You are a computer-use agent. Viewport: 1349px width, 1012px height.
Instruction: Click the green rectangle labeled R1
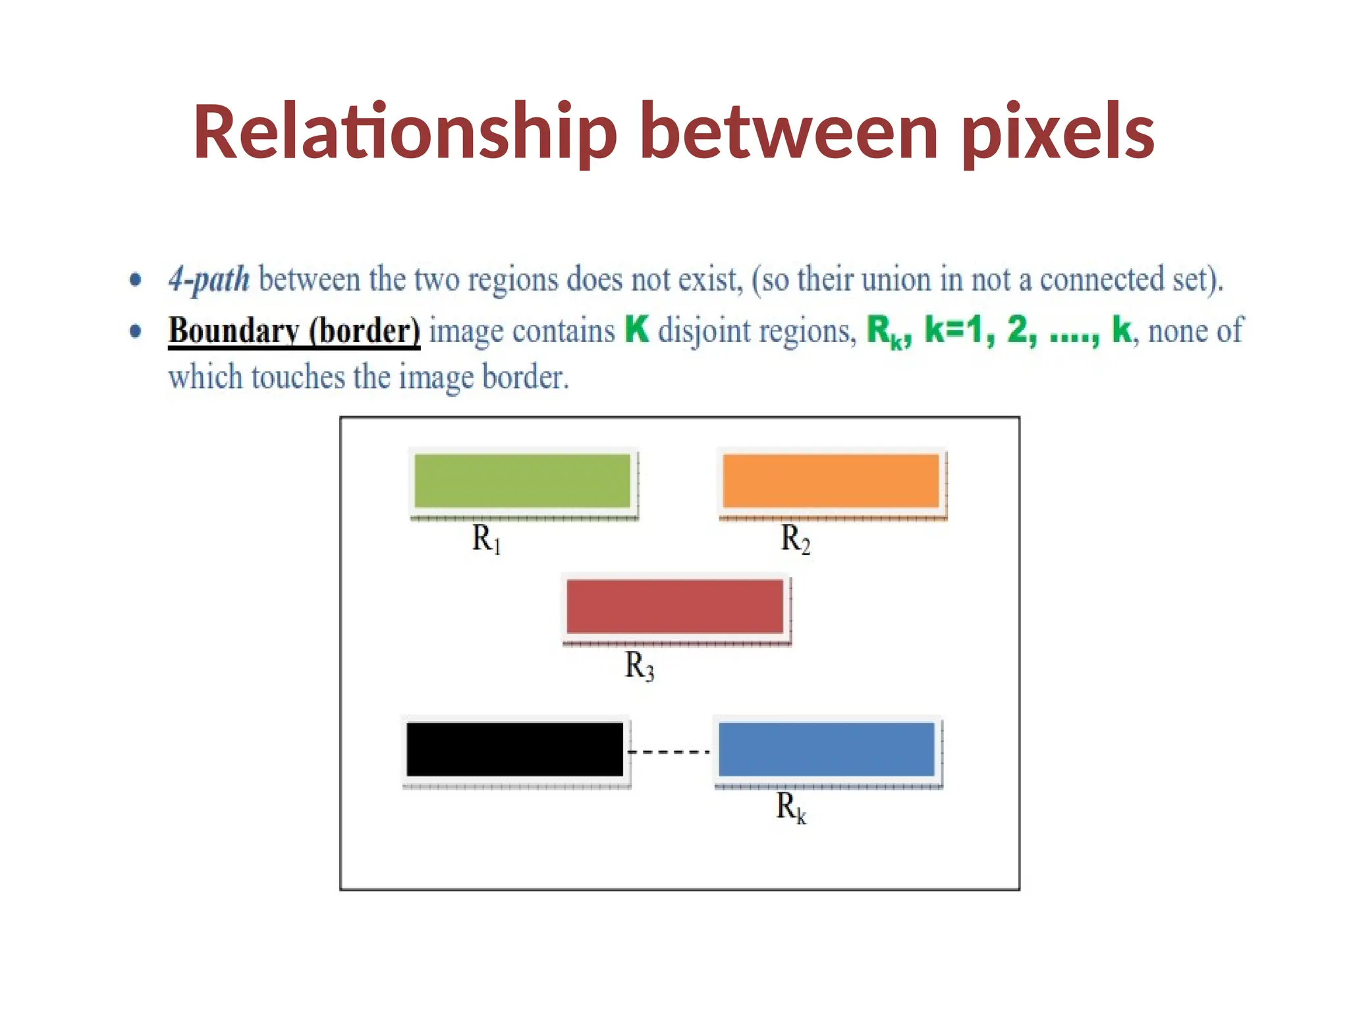[522, 480]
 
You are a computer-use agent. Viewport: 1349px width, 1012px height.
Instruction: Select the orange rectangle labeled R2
[831, 480]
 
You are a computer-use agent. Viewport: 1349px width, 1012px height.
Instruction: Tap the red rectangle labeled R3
[674, 606]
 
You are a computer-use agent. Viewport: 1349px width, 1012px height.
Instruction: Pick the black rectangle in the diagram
[514, 749]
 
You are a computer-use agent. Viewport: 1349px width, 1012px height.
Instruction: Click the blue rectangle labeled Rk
[826, 749]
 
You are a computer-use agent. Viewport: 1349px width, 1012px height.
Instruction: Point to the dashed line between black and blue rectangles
[669, 751]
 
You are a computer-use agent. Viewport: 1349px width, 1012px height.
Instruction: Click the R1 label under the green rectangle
[487, 539]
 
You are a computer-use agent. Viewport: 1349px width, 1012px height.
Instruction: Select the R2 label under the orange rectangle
[795, 539]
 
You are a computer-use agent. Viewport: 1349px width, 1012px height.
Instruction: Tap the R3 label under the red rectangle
[639, 665]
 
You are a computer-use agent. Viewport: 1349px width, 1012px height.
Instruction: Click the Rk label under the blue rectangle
[790, 807]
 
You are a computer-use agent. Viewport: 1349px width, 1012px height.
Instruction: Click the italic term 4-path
[209, 279]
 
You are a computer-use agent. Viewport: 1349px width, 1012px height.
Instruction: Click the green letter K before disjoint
[636, 329]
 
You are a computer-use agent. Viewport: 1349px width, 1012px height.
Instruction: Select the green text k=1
[952, 329]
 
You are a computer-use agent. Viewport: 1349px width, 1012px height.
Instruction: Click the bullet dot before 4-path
[135, 280]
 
